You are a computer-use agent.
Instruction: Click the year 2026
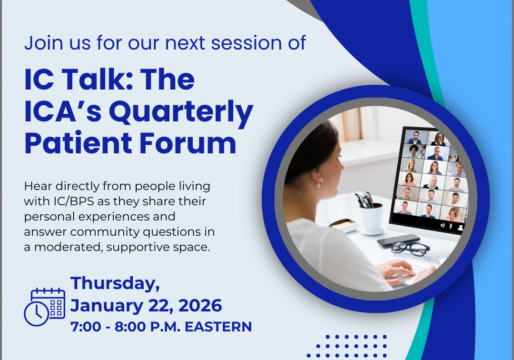click(200, 306)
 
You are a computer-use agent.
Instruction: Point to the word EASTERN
click(218, 327)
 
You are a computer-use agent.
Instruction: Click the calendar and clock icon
click(45, 307)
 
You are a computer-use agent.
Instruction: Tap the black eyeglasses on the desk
click(410, 247)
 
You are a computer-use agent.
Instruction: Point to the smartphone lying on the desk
click(398, 240)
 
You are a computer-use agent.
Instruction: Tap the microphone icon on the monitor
click(451, 226)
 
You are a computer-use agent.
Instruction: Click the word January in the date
click(107, 306)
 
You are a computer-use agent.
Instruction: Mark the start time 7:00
click(86, 327)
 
